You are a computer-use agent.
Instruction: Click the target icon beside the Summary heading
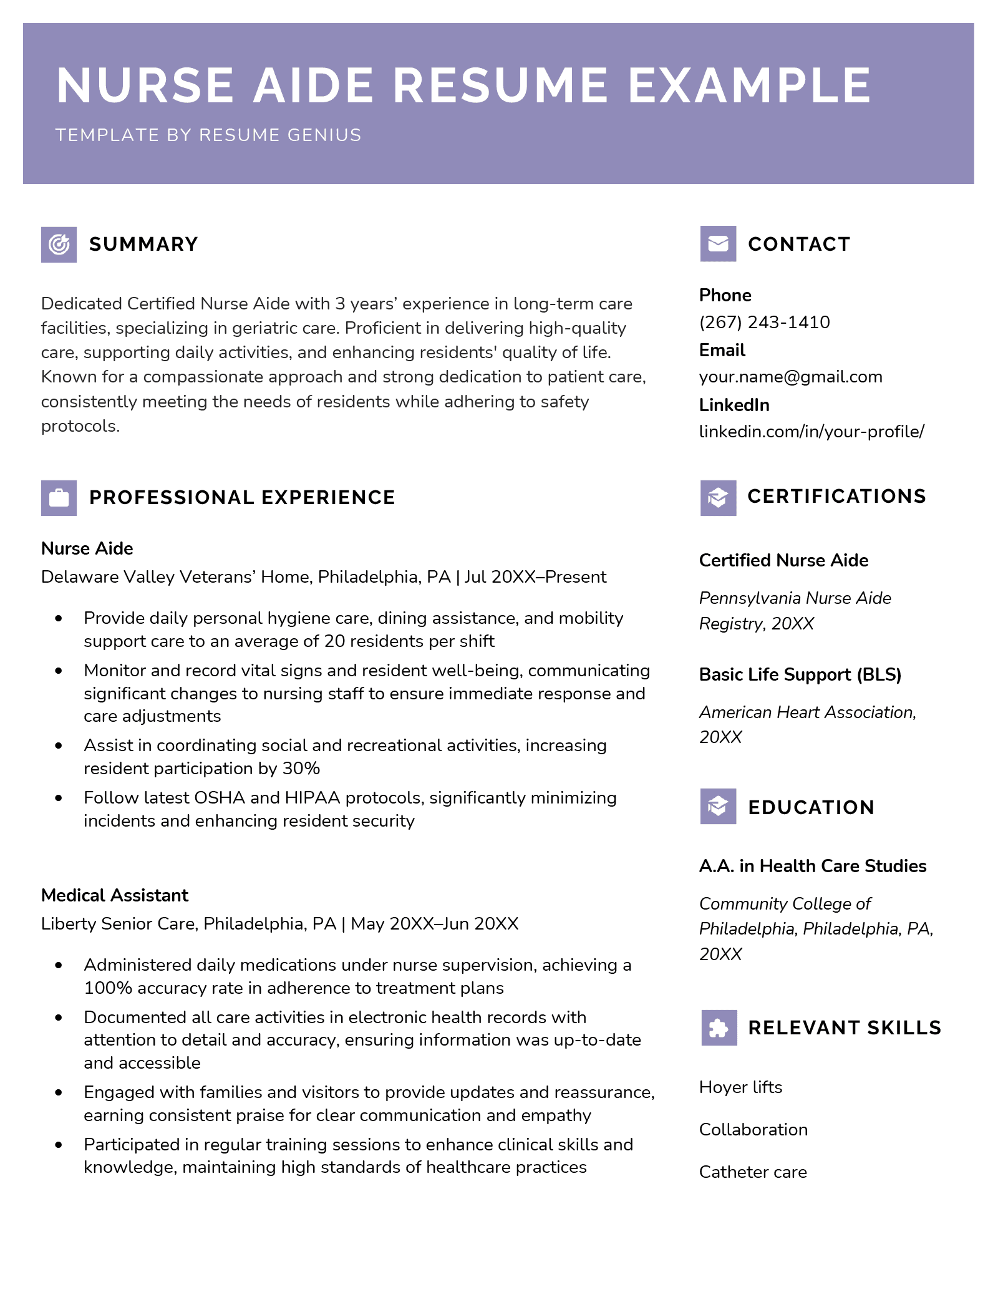(59, 244)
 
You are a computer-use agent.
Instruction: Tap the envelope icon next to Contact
(718, 243)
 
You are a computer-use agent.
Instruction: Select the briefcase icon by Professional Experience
(59, 498)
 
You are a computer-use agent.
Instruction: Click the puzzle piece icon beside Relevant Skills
(719, 1027)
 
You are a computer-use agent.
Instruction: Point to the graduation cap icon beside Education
(718, 806)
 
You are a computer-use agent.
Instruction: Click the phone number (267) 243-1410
(764, 322)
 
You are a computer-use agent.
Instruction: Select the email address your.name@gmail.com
(790, 377)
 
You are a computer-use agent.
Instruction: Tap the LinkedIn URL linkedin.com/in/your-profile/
(811, 432)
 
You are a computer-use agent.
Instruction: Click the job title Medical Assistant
(115, 895)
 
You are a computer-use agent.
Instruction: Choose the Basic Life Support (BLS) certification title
(800, 674)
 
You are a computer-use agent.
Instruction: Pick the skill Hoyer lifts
(740, 1087)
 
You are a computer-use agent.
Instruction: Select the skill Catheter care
(753, 1172)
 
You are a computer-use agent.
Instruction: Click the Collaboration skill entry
(753, 1130)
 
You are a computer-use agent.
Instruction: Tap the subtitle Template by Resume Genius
(208, 135)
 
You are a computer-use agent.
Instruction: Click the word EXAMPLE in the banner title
(749, 85)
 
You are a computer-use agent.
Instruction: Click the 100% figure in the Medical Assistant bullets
(108, 988)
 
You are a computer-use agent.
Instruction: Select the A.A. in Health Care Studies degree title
(812, 866)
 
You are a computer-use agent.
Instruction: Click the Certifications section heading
(836, 497)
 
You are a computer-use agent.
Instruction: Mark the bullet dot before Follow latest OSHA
(59, 798)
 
